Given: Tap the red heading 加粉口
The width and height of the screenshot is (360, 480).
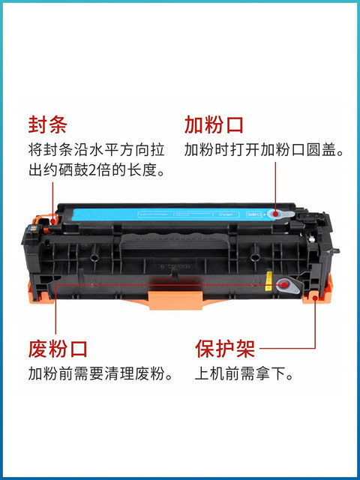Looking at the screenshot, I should pyautogui.click(x=214, y=124).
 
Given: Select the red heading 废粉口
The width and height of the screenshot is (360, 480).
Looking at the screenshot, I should pyautogui.click(x=57, y=348).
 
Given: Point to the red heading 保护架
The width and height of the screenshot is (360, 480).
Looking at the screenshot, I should pyautogui.click(x=225, y=348).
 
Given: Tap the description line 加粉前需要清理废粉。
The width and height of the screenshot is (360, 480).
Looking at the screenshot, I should pyautogui.click(x=100, y=373).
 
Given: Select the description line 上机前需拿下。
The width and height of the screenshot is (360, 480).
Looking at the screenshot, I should pyautogui.click(x=244, y=373).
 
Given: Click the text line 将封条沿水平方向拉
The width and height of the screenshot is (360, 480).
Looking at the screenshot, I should pyautogui.click(x=96, y=149).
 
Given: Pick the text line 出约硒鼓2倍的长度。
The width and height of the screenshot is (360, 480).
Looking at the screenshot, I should pyautogui.click(x=96, y=172).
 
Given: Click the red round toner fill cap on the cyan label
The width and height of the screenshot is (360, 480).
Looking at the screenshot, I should pyautogui.click(x=276, y=214).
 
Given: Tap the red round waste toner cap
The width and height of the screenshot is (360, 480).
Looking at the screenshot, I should pyautogui.click(x=283, y=284).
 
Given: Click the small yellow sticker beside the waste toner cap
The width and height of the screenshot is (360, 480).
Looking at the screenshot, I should pyautogui.click(x=268, y=285).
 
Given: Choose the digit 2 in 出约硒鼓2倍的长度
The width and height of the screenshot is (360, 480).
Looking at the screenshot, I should pyautogui.click(x=100, y=172).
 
